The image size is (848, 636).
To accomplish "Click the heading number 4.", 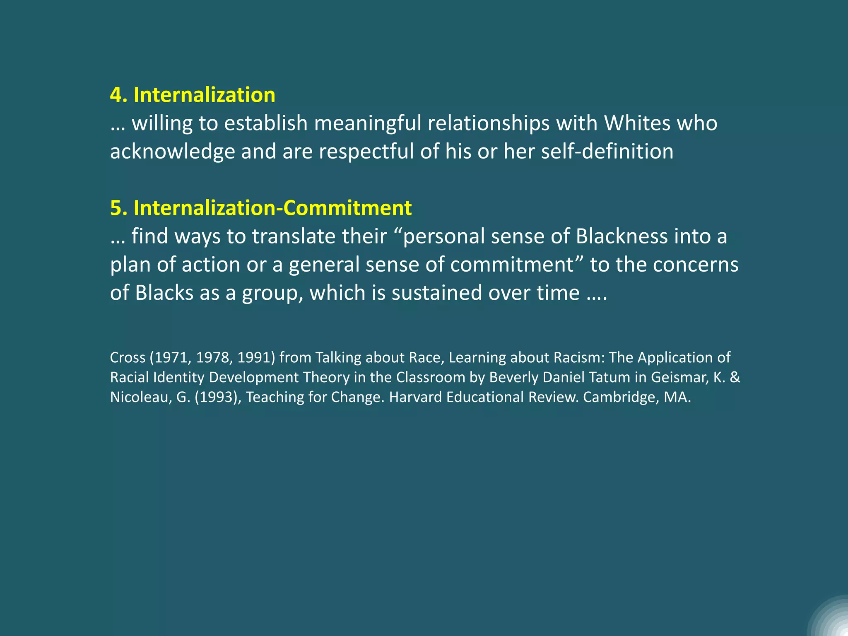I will [118, 95].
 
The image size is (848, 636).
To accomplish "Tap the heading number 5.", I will [118, 208].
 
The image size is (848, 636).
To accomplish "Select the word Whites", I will [637, 123].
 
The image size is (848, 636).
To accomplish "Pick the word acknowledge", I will [172, 152].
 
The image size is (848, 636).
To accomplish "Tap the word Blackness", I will [622, 236].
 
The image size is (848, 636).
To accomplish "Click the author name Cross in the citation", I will [128, 357].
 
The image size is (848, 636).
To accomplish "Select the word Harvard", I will [415, 397].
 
